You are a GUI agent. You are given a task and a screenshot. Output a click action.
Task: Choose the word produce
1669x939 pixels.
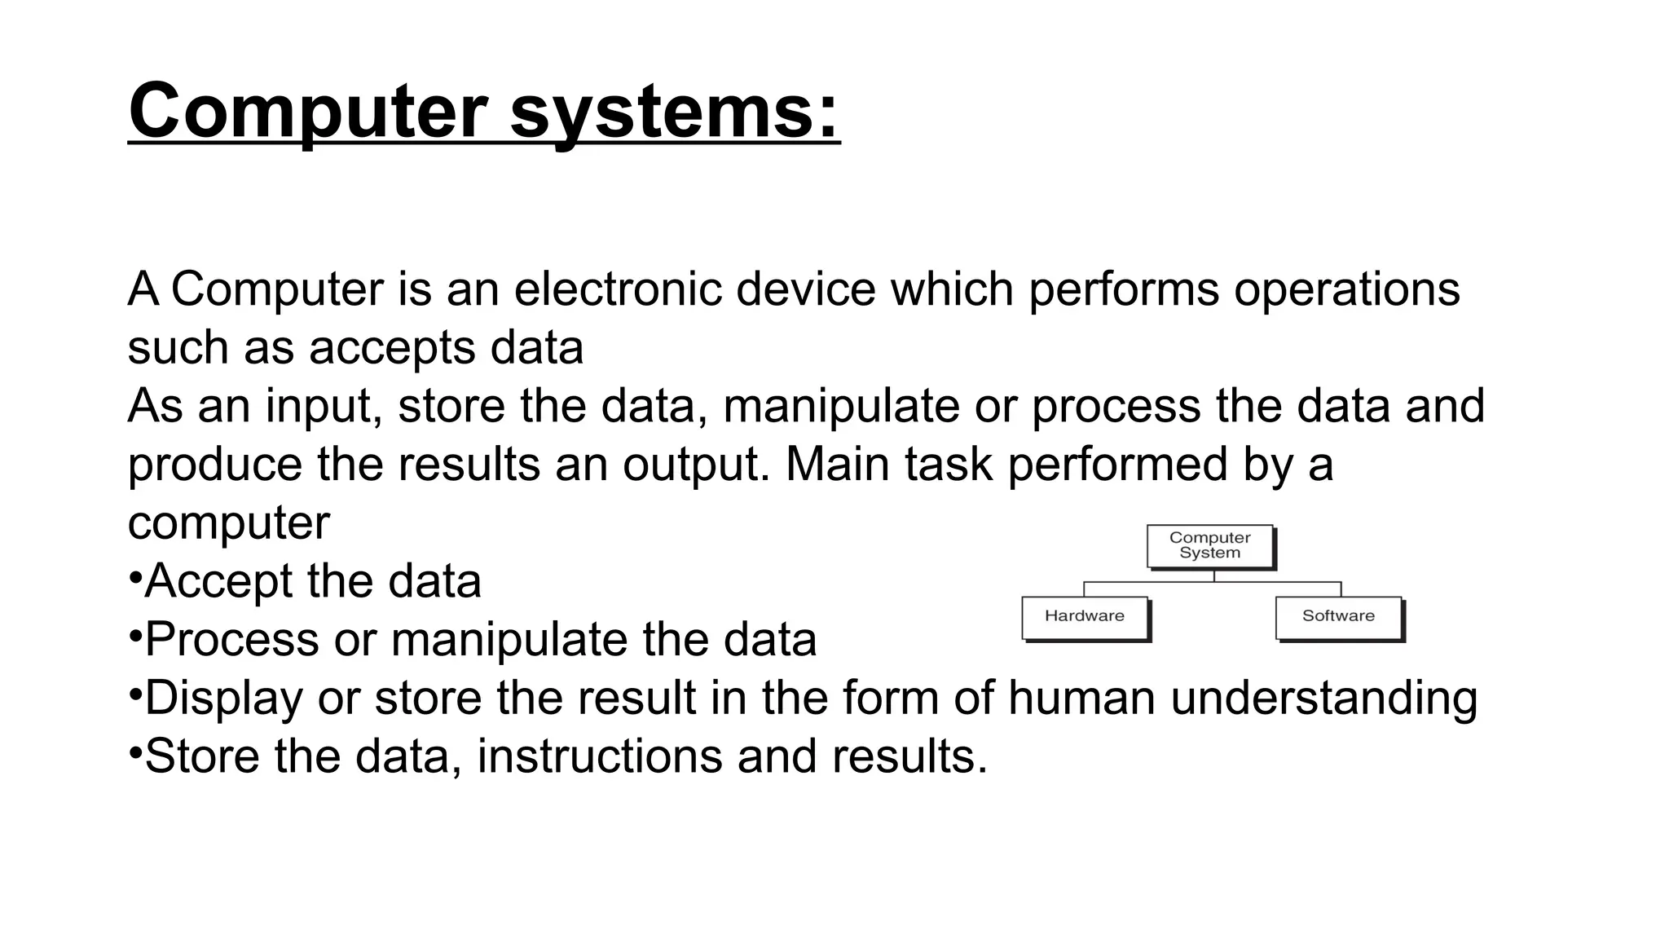215,465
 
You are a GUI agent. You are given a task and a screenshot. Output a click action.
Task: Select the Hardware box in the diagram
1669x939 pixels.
1085,617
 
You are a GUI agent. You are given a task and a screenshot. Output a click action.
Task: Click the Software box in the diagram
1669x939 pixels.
1338,617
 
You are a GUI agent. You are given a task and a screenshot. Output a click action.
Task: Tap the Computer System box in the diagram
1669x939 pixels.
1209,545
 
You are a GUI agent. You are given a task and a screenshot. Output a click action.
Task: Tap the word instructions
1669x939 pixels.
599,756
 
